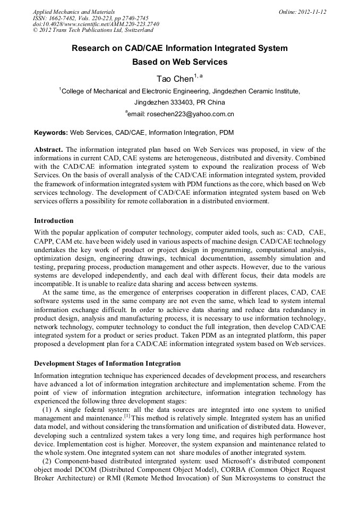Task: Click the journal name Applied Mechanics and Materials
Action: coord(73,11)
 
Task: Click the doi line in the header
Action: coord(96,24)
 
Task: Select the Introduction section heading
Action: coord(54,220)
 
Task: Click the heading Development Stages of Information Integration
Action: coord(107,364)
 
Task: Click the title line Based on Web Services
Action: coord(179,62)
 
